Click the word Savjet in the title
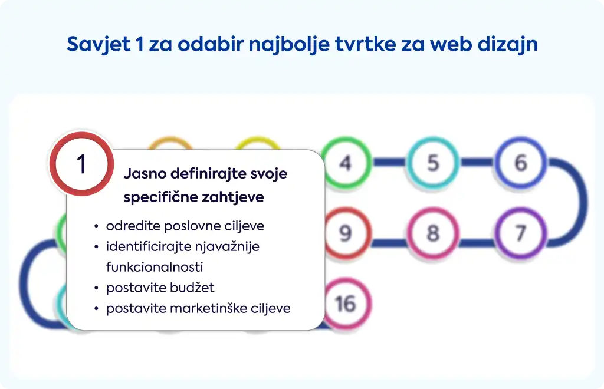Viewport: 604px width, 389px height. coord(99,44)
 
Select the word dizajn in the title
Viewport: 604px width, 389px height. coord(508,44)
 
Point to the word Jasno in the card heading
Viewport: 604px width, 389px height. coord(145,173)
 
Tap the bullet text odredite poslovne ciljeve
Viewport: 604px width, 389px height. coord(185,226)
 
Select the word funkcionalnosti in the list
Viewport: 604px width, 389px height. coord(155,267)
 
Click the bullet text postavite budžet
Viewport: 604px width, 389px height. coord(160,288)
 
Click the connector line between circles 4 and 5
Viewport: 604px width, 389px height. coord(389,162)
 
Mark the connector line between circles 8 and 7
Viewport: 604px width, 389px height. coord(477,243)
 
